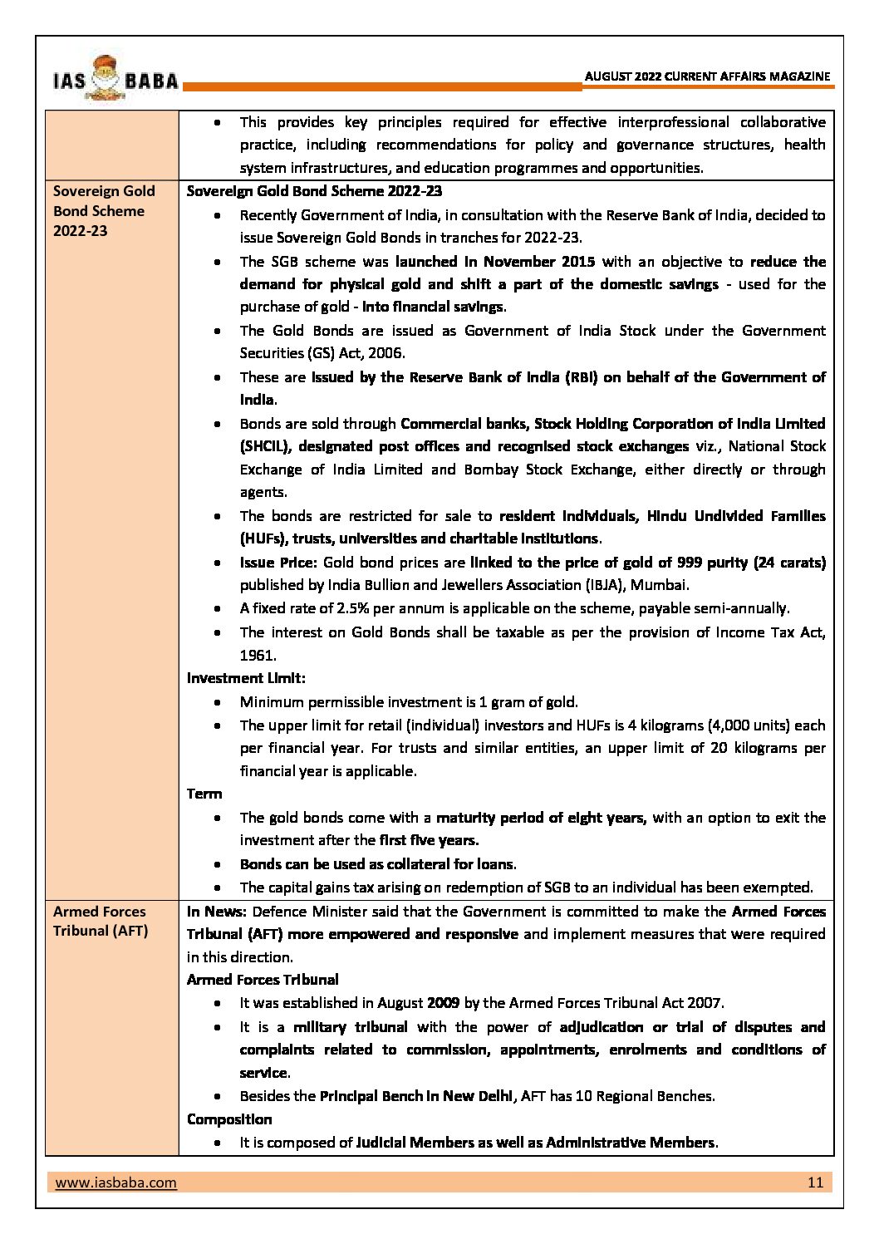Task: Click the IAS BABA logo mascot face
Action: (109, 77)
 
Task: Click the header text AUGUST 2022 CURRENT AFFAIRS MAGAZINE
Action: (708, 76)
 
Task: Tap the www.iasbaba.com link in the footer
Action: (115, 1182)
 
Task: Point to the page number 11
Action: (815, 1182)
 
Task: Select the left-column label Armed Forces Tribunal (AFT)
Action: (101, 921)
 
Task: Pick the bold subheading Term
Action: (204, 794)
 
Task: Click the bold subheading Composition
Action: (229, 1119)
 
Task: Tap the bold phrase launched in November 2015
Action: (495, 262)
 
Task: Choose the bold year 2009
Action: (443, 1003)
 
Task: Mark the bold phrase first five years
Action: (429, 840)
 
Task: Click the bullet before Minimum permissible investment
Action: (217, 703)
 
